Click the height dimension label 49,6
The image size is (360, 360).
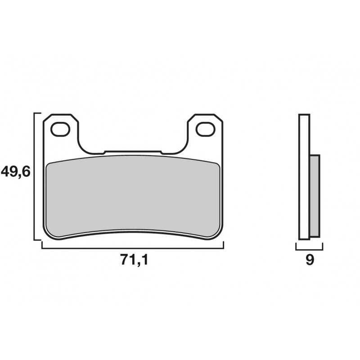(x=16, y=172)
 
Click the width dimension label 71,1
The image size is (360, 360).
(x=135, y=260)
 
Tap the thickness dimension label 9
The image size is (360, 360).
(x=310, y=260)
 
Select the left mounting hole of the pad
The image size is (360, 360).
(x=60, y=130)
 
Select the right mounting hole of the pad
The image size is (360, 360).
(x=206, y=130)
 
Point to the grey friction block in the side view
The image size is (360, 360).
(x=315, y=196)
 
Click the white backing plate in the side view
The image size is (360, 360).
(x=304, y=177)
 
